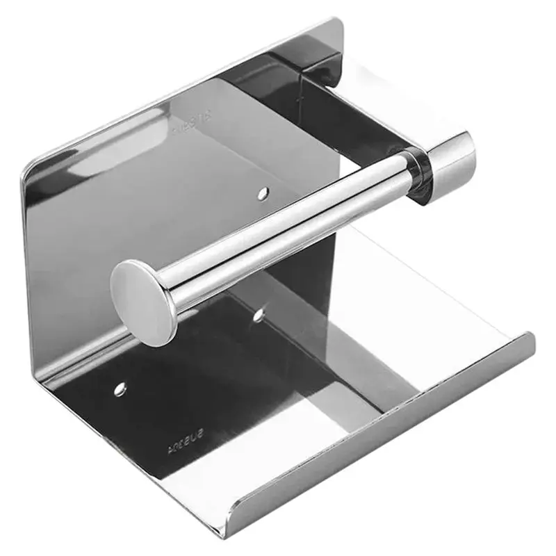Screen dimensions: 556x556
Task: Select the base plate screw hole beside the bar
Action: tap(258, 315)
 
